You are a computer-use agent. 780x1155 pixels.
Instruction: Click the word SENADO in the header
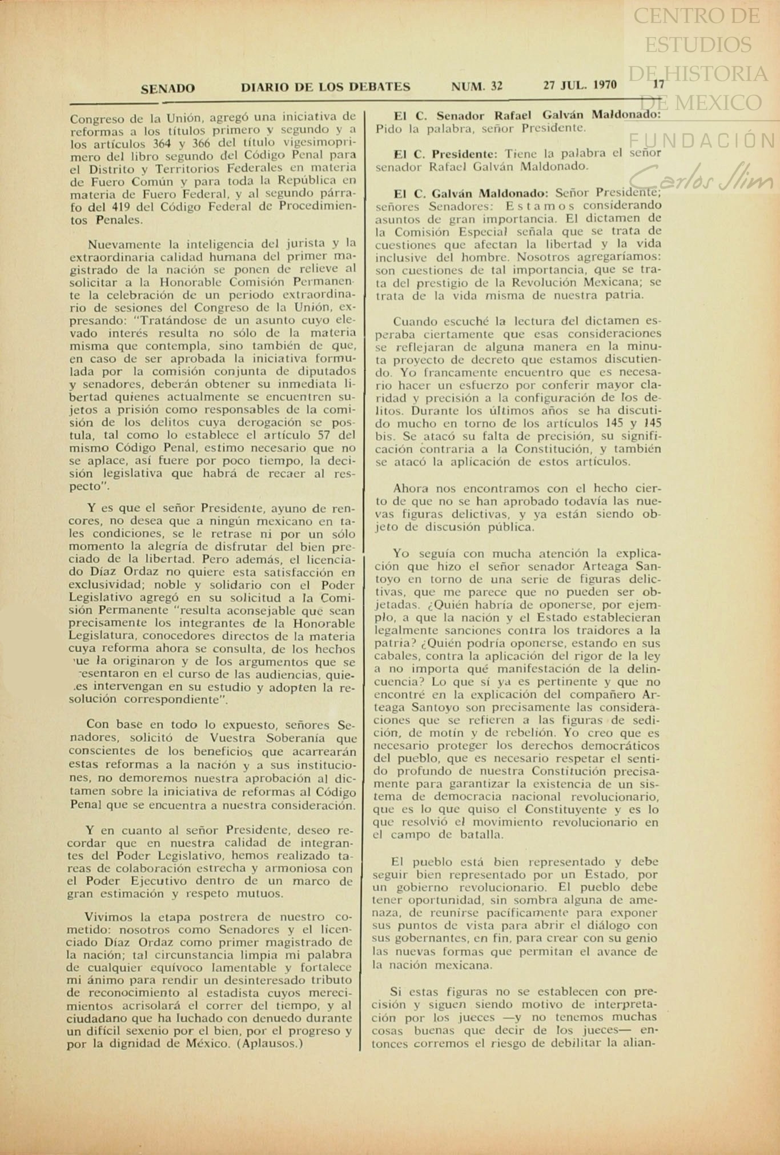(167, 88)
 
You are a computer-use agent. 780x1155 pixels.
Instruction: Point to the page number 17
(659, 85)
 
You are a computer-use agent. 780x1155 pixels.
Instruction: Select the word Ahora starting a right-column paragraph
(411, 488)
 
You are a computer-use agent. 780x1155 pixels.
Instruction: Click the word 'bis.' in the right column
(385, 436)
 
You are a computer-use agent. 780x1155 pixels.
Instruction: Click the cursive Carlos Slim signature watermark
(701, 173)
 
